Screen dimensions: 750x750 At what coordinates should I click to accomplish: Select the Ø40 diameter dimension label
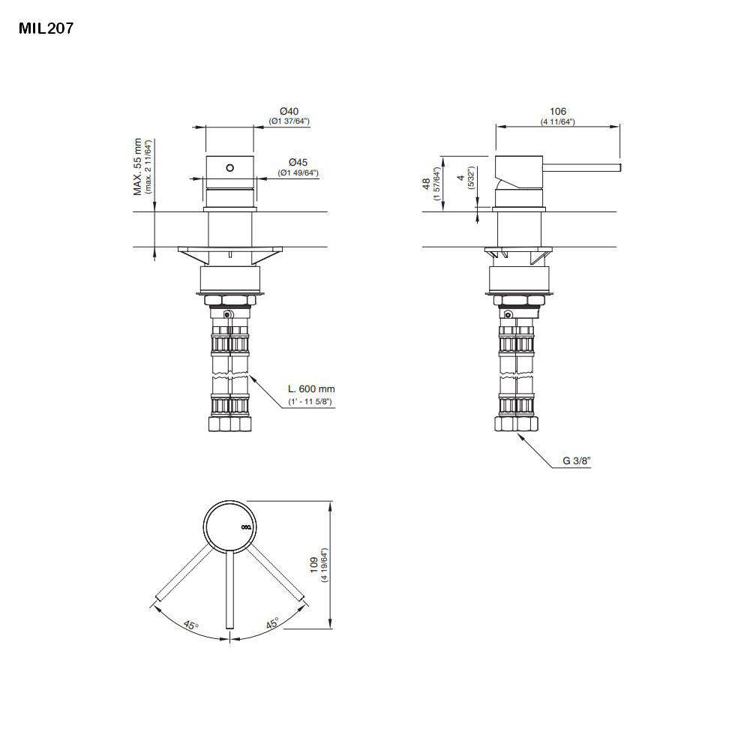click(x=289, y=112)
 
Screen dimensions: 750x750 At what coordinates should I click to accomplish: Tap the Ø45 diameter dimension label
click(x=298, y=162)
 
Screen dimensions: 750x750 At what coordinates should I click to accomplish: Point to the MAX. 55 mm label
click(x=138, y=167)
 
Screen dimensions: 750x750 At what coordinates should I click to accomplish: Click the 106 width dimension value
click(x=557, y=112)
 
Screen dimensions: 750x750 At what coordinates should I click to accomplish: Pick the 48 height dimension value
click(x=425, y=183)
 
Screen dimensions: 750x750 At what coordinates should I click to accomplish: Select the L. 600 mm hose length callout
click(x=311, y=389)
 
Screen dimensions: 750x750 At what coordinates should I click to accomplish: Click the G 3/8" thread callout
click(x=577, y=462)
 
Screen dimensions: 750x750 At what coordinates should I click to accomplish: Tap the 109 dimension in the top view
click(x=314, y=565)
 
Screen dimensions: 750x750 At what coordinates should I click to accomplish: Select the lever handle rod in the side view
click(x=585, y=166)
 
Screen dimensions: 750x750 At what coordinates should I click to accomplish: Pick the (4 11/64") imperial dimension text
click(x=557, y=121)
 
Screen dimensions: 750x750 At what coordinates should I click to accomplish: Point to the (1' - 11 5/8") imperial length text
click(x=310, y=402)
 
